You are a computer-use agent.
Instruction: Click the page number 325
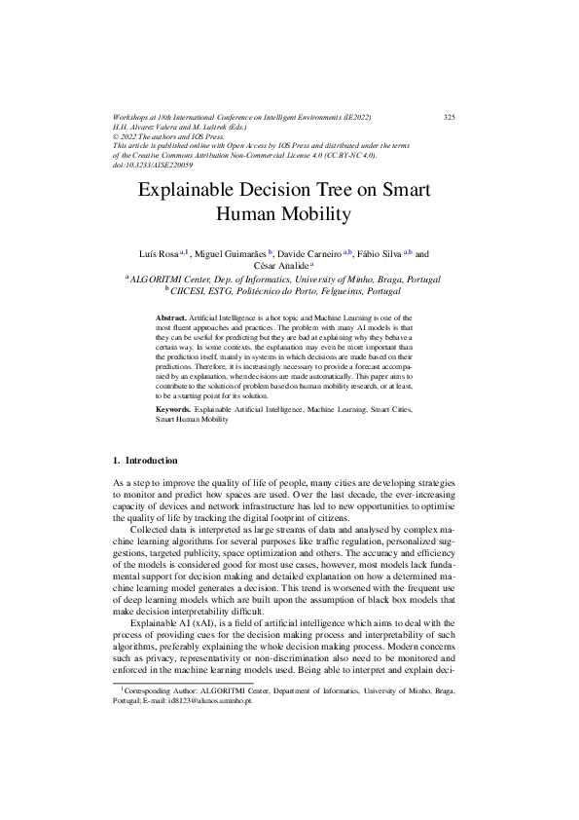point(450,118)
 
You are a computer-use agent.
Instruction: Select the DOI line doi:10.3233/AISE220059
point(154,165)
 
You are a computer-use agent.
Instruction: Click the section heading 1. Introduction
point(145,460)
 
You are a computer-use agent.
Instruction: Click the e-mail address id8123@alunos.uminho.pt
point(209,726)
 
